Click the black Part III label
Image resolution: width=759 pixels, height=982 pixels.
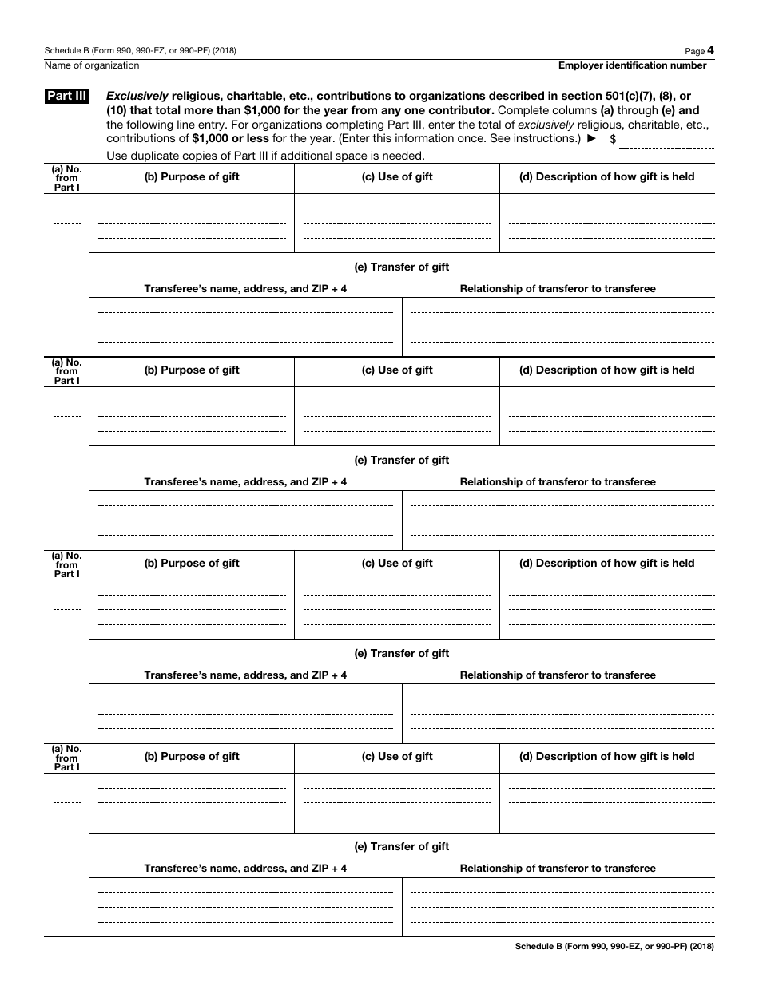point(67,97)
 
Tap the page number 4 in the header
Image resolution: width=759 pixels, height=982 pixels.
point(710,50)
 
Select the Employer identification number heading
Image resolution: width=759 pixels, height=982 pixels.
point(632,66)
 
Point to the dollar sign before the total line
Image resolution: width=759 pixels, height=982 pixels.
point(613,139)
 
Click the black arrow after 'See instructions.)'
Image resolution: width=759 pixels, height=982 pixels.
point(591,138)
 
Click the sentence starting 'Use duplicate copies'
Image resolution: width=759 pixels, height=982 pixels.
point(265,156)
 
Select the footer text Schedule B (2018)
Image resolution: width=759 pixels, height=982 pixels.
point(614,947)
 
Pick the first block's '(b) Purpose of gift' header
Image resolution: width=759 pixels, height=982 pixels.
point(192,177)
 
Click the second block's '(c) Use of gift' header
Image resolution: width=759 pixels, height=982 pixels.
point(397,370)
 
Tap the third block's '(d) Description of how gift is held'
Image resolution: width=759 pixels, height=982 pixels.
point(607,564)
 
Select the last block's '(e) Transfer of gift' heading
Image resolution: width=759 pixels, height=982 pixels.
point(402,847)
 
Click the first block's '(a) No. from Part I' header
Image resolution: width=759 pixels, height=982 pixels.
point(67,178)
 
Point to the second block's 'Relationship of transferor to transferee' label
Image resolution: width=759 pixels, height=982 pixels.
point(558,482)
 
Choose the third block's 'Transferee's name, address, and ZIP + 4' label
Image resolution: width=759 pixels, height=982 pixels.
point(245,675)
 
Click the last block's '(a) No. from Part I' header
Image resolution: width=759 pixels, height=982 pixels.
point(67,758)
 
